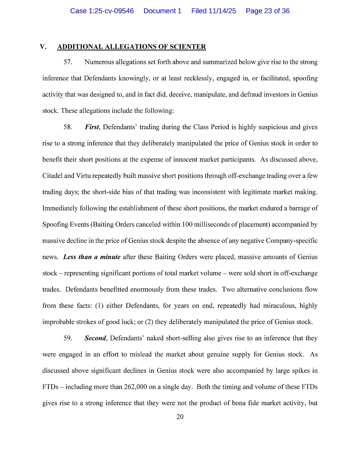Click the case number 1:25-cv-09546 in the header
coord(102,11)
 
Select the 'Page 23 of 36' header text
coord(268,11)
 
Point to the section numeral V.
coord(43,47)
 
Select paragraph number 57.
coord(68,62)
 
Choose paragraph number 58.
coord(68,127)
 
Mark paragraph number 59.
coord(68,338)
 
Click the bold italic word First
coord(92,127)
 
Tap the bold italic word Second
coord(95,338)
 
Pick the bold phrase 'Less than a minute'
coord(92,257)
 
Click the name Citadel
coord(53,176)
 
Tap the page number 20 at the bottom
coord(180,417)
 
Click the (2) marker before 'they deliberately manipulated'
coord(144,322)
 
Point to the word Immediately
coord(59,208)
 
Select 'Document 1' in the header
coord(162,11)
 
